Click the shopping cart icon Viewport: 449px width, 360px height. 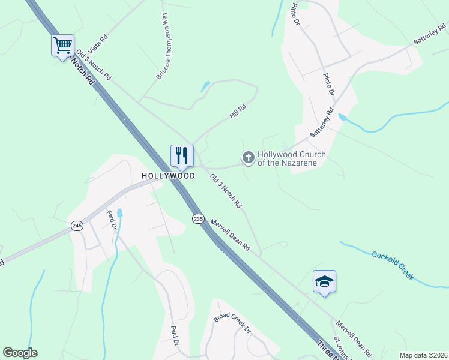62,46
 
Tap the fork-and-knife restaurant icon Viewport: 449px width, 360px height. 182,156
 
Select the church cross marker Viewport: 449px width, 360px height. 247,158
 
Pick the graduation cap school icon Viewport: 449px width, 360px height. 324,281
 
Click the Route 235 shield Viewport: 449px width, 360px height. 199,218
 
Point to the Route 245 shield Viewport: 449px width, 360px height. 77,226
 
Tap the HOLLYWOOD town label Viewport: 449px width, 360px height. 169,176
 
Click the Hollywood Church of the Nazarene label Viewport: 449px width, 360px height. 292,158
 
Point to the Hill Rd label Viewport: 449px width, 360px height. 238,109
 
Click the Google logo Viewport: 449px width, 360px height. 20,353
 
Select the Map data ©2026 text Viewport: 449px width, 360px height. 423,355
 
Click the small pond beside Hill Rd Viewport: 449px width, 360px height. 205,86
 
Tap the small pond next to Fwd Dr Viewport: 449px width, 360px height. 120,212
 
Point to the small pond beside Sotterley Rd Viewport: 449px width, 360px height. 342,117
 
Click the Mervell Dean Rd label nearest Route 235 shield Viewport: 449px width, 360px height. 230,235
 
